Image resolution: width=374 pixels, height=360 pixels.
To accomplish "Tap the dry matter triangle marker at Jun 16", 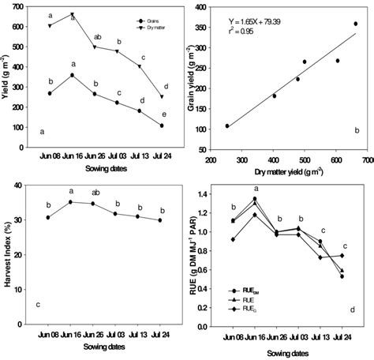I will [x=72, y=14].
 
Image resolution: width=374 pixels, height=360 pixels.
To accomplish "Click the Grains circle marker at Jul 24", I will [x=161, y=126].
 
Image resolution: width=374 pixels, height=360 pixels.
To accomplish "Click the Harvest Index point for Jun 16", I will [x=72, y=202].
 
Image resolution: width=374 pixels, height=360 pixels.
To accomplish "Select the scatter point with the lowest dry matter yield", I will [x=227, y=126].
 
